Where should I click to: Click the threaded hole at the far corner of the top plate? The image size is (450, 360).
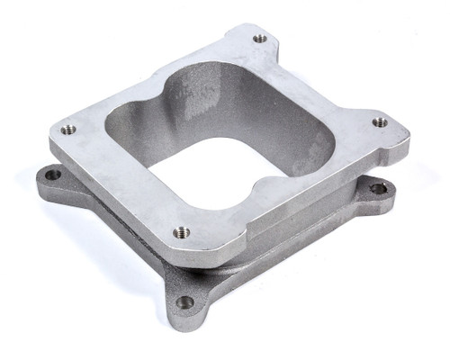point(260,39)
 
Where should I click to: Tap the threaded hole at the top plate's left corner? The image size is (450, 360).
point(68,130)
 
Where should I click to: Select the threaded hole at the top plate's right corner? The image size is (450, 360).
point(380,121)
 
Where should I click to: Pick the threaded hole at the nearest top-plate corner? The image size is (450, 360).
point(182,232)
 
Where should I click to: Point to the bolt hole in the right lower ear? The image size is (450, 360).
point(378,188)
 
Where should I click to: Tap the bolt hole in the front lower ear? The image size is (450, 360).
point(184,302)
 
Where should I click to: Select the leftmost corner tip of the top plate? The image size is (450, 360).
point(52,135)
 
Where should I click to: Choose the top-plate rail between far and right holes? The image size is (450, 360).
point(324,76)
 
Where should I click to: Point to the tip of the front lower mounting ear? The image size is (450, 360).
point(180,319)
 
